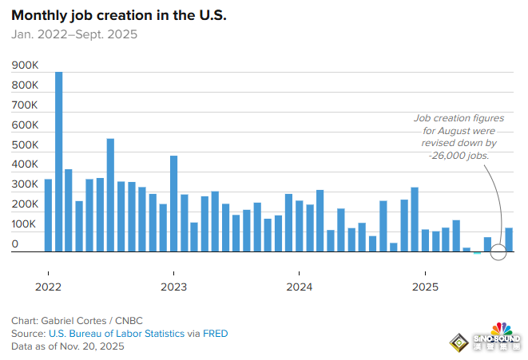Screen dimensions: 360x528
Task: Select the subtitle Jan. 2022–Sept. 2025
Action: coord(73,34)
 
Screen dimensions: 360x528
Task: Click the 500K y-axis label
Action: coord(25,145)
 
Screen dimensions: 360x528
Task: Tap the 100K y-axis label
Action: coord(25,224)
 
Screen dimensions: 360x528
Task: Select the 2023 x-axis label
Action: coord(173,286)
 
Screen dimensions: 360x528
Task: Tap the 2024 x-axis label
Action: coord(299,286)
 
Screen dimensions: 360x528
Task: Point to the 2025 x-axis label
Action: coord(424,286)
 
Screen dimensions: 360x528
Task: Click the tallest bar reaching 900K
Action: coord(58,160)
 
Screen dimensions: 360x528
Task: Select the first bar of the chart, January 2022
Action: coord(48,216)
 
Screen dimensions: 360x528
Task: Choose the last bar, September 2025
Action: coord(508,239)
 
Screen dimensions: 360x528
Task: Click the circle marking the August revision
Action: coord(498,252)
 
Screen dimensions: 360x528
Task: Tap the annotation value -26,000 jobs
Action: coord(459,155)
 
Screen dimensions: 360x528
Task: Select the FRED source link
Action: coord(212,334)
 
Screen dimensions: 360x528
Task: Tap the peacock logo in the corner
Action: coord(501,330)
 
